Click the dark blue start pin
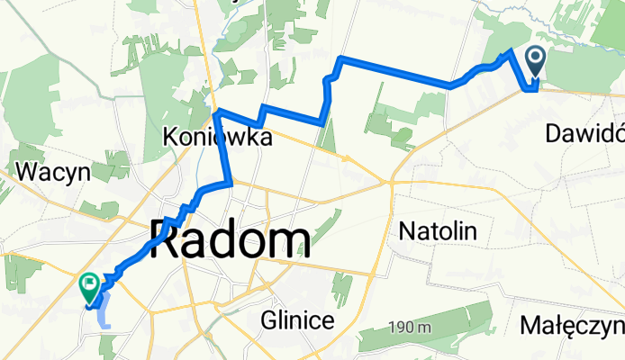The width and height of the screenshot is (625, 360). pos(535,62)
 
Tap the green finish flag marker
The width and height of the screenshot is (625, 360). pos(90,287)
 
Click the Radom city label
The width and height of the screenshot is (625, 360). pos(231,241)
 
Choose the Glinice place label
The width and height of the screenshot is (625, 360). pos(298,319)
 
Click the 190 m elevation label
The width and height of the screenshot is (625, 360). pos(410,328)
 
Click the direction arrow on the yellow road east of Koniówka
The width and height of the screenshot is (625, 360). pos(345,158)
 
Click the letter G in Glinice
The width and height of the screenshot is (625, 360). pos(269,319)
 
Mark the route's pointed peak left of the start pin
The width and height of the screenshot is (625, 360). pos(512,50)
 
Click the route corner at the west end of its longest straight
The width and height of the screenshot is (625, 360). pos(340,58)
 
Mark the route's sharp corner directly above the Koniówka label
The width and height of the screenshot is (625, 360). pos(216,111)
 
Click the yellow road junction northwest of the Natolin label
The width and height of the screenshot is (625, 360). pos(390,182)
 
